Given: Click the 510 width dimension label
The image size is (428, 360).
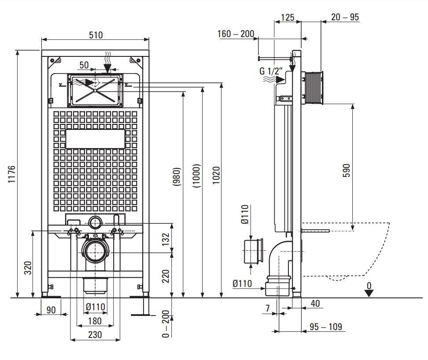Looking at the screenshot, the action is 96,35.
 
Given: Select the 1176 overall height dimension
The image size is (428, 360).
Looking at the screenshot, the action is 11,174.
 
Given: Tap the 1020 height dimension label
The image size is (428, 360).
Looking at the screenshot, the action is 216,175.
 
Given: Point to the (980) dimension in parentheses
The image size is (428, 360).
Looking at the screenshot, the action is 177,177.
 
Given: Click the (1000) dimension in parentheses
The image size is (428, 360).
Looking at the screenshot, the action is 196,176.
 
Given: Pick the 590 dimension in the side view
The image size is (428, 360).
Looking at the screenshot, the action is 346,171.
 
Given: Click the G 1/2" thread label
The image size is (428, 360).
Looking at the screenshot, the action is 271,71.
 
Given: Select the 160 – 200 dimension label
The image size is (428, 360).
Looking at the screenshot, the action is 236,34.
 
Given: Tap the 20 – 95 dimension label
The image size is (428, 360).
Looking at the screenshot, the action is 345,17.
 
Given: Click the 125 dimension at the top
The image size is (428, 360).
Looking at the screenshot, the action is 288,18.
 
